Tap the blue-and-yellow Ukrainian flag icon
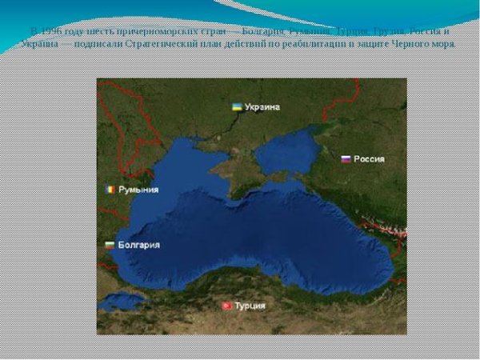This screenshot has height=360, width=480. point(238,106)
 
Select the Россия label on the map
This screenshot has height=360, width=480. point(369,158)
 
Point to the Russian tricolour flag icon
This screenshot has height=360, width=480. point(346,158)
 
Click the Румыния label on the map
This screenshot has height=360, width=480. point(138,190)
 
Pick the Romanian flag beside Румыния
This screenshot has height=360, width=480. point(110,190)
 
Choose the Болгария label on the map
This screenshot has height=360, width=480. point(138,245)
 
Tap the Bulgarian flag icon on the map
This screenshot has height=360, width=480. point(110,245)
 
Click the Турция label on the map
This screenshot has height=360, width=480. point(250,306)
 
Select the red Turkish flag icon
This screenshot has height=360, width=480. point(226,306)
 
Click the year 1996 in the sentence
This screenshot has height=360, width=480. point(50,31)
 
